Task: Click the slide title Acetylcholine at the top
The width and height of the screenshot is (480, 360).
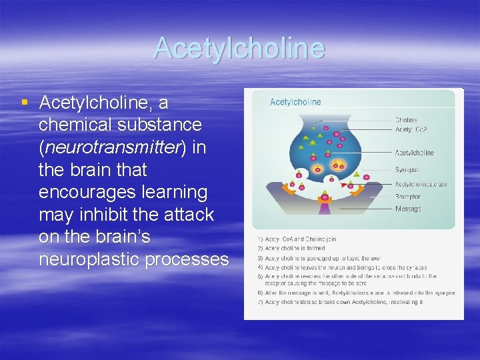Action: point(239,48)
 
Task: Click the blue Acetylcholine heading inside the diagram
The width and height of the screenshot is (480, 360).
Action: point(295,102)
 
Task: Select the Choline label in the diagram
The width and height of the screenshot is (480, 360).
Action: point(406,120)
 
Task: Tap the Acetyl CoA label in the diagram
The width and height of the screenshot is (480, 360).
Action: point(410,129)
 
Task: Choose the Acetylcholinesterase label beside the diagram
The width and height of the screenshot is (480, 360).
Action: point(421,184)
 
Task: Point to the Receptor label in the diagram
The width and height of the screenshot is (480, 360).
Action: point(408,197)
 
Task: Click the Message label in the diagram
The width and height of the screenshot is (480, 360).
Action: point(408,209)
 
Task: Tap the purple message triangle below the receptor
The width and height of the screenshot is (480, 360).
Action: point(325,209)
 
